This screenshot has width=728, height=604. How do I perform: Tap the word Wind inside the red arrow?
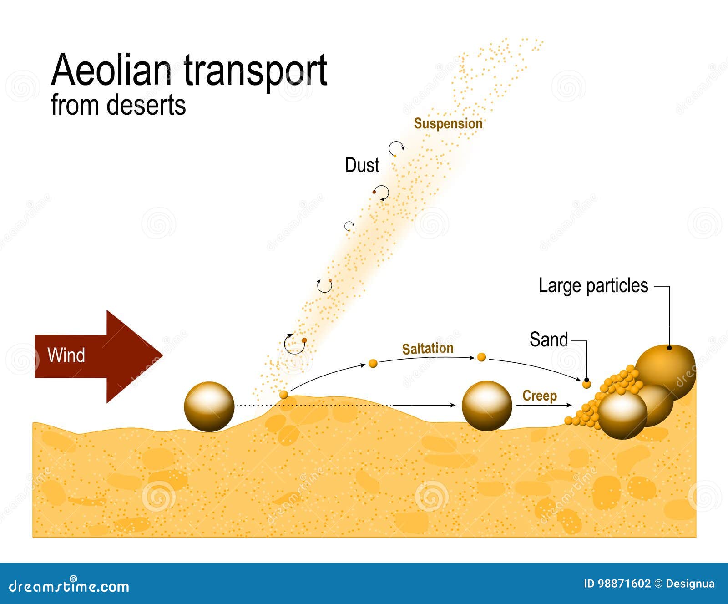(66, 355)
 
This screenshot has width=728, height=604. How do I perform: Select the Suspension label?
(448, 124)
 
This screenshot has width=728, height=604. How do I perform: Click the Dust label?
(362, 165)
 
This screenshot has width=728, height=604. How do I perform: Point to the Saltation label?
(428, 349)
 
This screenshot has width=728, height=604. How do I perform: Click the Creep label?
(539, 396)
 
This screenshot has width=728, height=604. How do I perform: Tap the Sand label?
(549, 340)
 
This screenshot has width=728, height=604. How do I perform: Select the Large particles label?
(593, 286)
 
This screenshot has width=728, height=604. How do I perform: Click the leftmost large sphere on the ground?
(209, 406)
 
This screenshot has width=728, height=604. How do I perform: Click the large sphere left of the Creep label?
(486, 406)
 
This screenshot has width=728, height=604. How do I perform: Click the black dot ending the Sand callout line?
(586, 380)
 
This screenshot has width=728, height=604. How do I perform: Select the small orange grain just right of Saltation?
(481, 357)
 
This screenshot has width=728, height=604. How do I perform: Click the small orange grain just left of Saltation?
(373, 363)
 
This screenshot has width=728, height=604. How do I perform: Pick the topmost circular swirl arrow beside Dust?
(396, 148)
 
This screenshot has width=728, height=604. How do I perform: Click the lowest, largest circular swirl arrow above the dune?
(294, 344)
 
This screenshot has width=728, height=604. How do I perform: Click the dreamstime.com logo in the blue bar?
(69, 586)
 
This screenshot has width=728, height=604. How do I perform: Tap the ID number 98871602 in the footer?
(623, 584)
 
